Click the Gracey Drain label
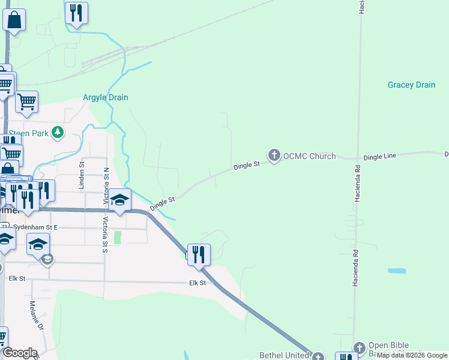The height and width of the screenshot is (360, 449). click(x=411, y=85)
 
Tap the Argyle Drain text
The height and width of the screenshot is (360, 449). click(x=105, y=98)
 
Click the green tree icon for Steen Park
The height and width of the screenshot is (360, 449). click(x=58, y=132)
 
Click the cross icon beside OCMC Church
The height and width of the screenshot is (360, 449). click(x=274, y=156)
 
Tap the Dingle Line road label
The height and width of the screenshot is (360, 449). click(x=380, y=156)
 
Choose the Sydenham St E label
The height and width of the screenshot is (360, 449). click(x=35, y=228)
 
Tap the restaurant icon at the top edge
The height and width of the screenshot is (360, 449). click(x=76, y=13)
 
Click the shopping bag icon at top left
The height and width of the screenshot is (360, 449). click(x=14, y=19)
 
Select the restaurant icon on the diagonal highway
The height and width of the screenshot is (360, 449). click(x=199, y=254)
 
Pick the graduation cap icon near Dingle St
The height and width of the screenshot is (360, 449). click(x=119, y=200)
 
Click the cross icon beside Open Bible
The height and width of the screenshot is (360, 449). click(x=359, y=347)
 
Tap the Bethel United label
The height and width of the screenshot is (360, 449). click(x=283, y=355)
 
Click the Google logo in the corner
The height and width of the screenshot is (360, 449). click(x=20, y=353)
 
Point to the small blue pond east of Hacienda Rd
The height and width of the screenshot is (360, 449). click(x=397, y=271)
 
